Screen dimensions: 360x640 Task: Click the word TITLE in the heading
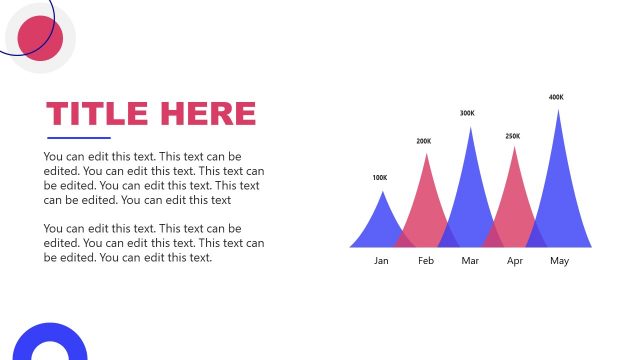click(96, 113)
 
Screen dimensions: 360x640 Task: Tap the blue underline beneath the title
click(79, 138)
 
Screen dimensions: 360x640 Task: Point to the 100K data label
click(379, 178)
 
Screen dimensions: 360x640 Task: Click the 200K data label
click(424, 141)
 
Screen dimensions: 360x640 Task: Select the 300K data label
click(467, 113)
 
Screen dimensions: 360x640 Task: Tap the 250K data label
click(512, 136)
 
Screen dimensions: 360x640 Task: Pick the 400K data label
click(556, 97)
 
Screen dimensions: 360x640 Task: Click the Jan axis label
click(381, 261)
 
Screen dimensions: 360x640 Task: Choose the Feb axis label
click(426, 261)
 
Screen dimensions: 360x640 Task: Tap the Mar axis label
click(470, 261)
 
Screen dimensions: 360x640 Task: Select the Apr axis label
click(515, 261)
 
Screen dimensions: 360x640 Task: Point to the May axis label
click(559, 261)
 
